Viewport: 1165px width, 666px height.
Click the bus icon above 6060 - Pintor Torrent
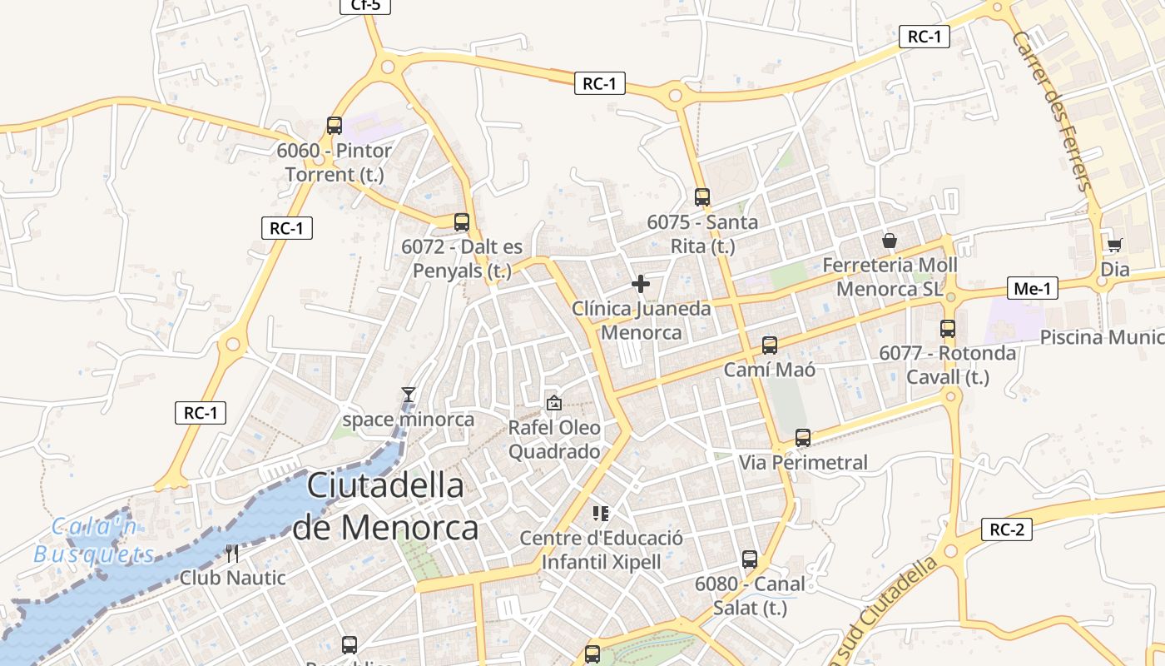click(x=335, y=126)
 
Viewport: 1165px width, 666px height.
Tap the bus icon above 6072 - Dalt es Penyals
click(x=462, y=222)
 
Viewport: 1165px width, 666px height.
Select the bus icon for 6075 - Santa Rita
click(x=702, y=197)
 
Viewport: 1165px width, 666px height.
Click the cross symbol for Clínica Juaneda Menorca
click(x=641, y=284)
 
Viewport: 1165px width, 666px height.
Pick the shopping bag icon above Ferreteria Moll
click(x=890, y=241)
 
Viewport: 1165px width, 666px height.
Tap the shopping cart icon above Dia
click(x=1114, y=245)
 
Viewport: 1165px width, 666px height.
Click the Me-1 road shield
click(x=1032, y=288)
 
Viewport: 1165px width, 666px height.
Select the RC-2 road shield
click(x=1007, y=529)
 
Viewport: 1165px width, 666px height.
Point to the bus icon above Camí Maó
click(x=770, y=345)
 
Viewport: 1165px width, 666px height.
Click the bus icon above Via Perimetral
click(x=803, y=437)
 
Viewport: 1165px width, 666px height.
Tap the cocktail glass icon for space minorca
click(x=408, y=395)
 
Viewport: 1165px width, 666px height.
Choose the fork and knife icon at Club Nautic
click(x=232, y=553)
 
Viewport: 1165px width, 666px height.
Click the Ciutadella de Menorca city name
click(x=385, y=506)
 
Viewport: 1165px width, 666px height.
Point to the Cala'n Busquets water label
click(x=94, y=540)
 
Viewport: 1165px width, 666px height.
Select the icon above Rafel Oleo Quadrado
click(x=553, y=403)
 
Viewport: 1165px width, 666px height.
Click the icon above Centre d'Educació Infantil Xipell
click(x=601, y=513)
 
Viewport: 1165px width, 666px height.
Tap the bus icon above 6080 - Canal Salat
click(x=750, y=559)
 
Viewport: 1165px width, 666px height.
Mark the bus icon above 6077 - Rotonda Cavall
click(x=948, y=329)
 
